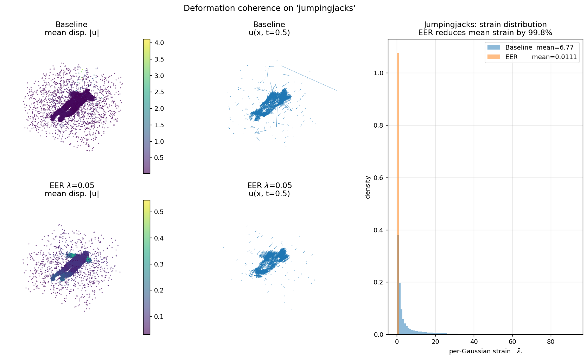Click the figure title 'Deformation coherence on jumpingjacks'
point(269,8)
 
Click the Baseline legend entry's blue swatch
point(494,47)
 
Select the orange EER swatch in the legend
point(494,57)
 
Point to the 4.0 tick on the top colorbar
point(159,43)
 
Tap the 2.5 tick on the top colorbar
point(159,92)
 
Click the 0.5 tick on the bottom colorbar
point(159,212)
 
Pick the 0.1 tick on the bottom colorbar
point(159,316)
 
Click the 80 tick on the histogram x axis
point(551,342)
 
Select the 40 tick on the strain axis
point(474,342)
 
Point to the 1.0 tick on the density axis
point(378,73)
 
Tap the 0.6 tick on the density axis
point(378,178)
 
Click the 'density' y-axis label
point(368,187)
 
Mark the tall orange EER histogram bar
point(398,141)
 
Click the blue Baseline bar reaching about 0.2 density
point(400,309)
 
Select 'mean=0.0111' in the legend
point(554,57)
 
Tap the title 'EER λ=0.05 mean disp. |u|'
point(72,189)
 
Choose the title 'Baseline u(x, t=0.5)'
point(269,28)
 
